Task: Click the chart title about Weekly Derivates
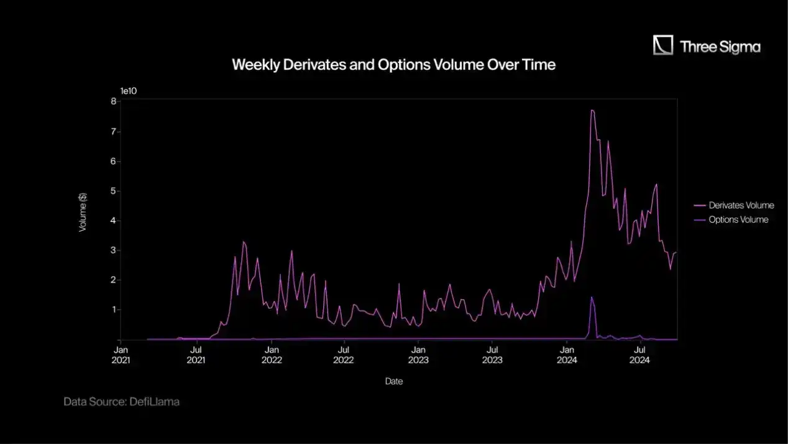click(x=393, y=65)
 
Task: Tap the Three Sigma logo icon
click(x=663, y=45)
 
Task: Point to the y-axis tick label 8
click(x=114, y=101)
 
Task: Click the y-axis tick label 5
click(x=114, y=191)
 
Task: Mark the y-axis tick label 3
click(x=114, y=251)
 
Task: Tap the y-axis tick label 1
click(x=114, y=310)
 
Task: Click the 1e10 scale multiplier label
click(x=128, y=91)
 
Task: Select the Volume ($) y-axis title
click(x=83, y=213)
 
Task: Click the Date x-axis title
click(x=393, y=381)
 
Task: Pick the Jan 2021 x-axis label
click(x=121, y=354)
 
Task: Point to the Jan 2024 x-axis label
click(x=566, y=354)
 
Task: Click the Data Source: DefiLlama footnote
click(x=121, y=402)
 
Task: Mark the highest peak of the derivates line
click(x=592, y=111)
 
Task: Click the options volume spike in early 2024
click(x=592, y=298)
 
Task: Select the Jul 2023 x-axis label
click(x=492, y=354)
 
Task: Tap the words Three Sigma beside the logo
click(x=720, y=47)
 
